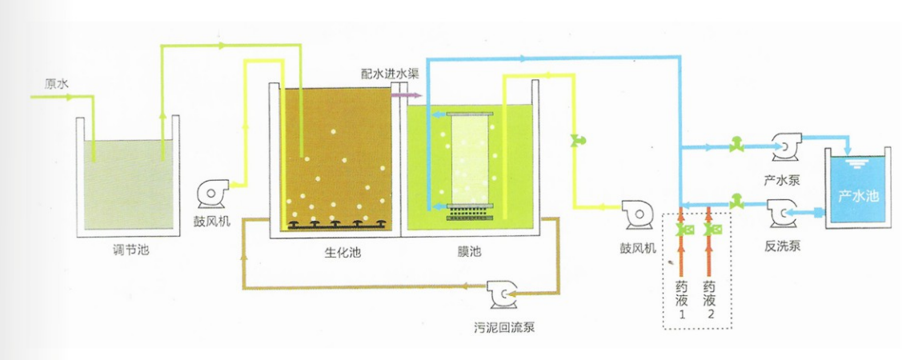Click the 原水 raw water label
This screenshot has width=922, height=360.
pyautogui.click(x=57, y=83)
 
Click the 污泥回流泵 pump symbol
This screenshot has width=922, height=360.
pyautogui.click(x=501, y=294)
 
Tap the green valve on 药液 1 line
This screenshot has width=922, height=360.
pyautogui.click(x=681, y=231)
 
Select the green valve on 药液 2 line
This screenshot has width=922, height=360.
pyautogui.click(x=709, y=231)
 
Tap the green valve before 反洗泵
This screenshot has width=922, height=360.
pyautogui.click(x=737, y=200)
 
